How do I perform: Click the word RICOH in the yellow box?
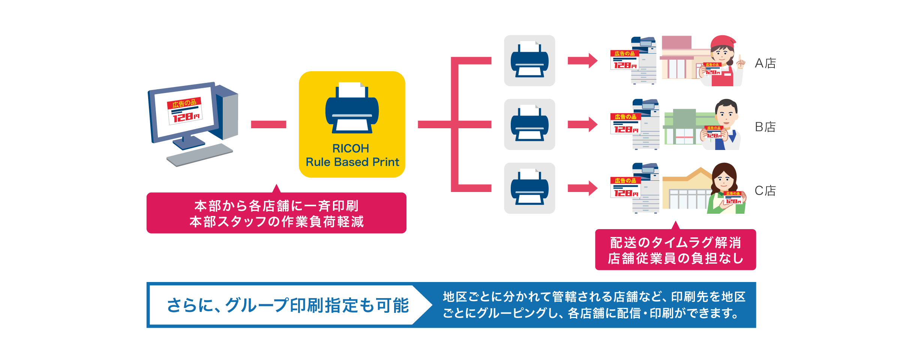[351, 148]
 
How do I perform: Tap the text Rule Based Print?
[352, 162]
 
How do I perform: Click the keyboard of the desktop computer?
[199, 155]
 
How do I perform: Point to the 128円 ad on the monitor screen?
[185, 111]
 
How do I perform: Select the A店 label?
[765, 63]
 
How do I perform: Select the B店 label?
[765, 127]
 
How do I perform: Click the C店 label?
[765, 190]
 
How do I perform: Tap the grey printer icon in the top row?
[529, 61]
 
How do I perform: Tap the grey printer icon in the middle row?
[529, 124]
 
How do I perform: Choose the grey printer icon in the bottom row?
[529, 188]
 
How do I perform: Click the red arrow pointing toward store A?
[582, 61]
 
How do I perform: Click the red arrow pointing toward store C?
[582, 188]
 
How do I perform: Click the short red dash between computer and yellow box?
[268, 124]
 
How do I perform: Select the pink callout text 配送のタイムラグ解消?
[675, 243]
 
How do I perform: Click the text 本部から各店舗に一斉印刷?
[276, 206]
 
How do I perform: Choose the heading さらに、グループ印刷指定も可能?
[288, 305]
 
